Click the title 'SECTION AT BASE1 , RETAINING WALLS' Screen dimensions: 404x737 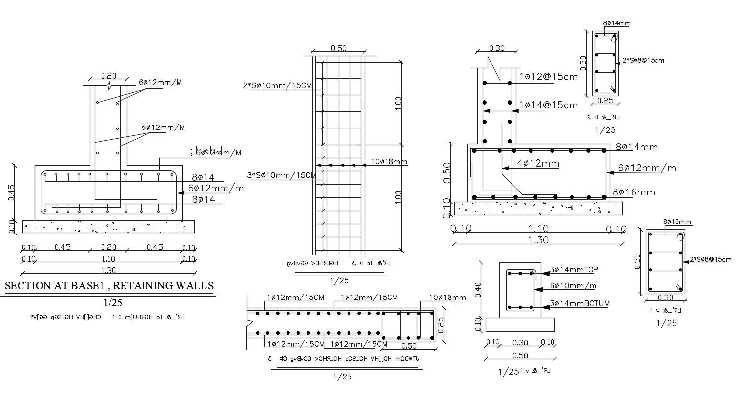point(109,286)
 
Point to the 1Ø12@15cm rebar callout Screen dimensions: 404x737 point(548,77)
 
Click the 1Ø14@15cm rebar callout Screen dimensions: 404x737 point(548,105)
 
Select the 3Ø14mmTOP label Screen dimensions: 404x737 point(574,269)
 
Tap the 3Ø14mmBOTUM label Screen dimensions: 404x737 point(579,303)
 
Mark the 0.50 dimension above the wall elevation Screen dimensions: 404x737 point(338,48)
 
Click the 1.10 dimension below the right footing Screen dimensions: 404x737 point(538,229)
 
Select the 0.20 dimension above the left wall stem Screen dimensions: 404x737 point(108,76)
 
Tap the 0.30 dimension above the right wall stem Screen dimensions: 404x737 point(496,48)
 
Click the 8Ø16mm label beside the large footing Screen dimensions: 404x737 point(634,192)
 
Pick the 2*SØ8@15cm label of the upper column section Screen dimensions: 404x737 point(643,61)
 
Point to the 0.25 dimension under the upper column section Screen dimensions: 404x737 point(605,101)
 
